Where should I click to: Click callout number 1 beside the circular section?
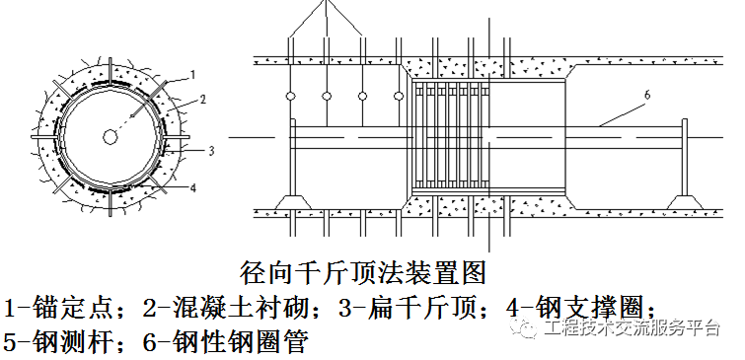[x=193, y=74]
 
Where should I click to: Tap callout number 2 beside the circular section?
[x=201, y=100]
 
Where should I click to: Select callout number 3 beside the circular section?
[x=209, y=150]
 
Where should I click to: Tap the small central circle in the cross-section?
[x=107, y=135]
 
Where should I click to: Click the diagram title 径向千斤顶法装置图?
[x=366, y=270]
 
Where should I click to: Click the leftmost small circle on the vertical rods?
[x=290, y=97]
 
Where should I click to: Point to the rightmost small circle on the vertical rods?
[x=399, y=97]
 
